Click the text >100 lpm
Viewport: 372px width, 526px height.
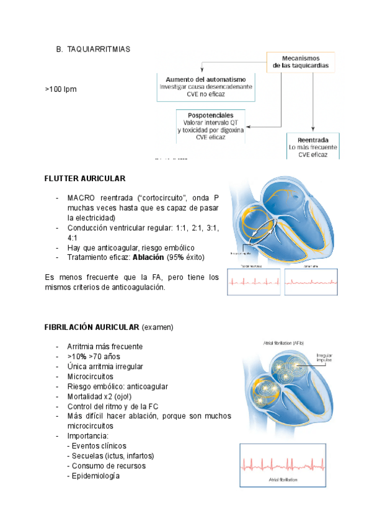click(x=60, y=90)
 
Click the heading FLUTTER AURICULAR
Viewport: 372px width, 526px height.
click(x=85, y=179)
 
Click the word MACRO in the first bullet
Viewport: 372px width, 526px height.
click(x=81, y=198)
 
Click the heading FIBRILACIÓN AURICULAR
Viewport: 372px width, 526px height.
click(x=92, y=326)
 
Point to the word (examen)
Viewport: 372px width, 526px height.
click(x=157, y=326)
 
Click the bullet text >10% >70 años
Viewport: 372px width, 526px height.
click(x=94, y=357)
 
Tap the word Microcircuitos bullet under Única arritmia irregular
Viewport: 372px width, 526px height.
click(x=91, y=377)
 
